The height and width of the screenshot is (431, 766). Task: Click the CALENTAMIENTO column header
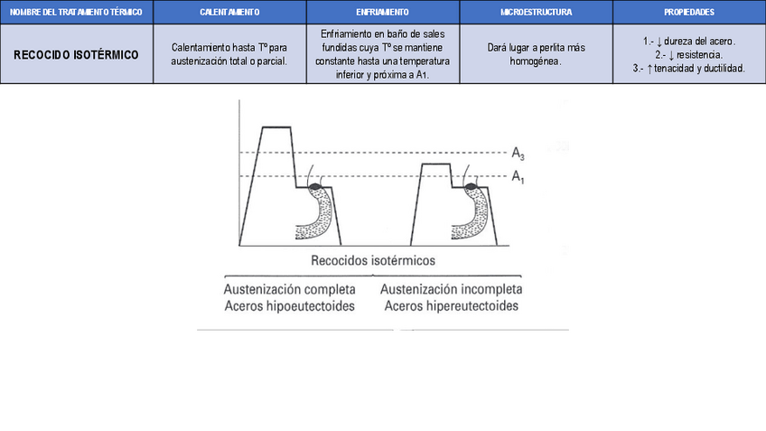(229, 12)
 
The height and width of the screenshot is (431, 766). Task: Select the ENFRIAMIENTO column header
(382, 12)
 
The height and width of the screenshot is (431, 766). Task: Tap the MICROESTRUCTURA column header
(536, 12)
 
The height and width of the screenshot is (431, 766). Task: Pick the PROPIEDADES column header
(689, 12)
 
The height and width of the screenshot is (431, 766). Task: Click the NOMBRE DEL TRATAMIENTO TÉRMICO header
(76, 12)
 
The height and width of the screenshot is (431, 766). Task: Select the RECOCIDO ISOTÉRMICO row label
(76, 54)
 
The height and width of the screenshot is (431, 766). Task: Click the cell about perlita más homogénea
(536, 54)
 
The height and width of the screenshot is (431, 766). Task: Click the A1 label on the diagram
(518, 176)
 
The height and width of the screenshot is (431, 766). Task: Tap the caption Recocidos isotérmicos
(372, 259)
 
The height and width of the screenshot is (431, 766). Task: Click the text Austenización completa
(289, 290)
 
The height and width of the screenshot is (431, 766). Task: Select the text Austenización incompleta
(451, 290)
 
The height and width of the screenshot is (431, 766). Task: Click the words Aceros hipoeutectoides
(289, 306)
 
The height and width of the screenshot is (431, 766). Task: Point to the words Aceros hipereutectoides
(451, 306)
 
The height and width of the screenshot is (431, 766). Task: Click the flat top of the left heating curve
(276, 128)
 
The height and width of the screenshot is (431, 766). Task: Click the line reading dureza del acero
(689, 42)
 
